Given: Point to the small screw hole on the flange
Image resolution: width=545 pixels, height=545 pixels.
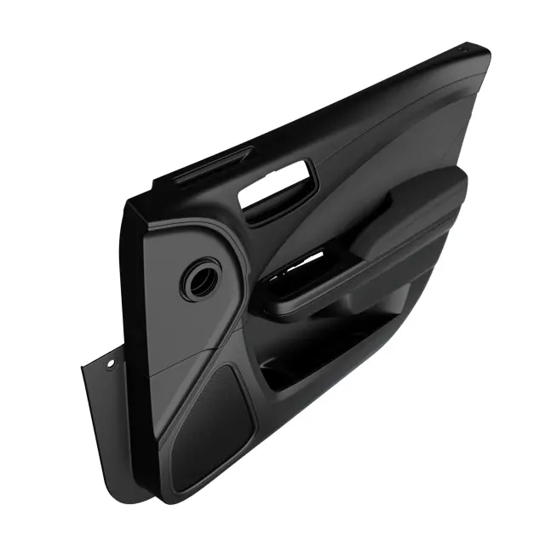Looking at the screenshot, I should pos(110,364).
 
